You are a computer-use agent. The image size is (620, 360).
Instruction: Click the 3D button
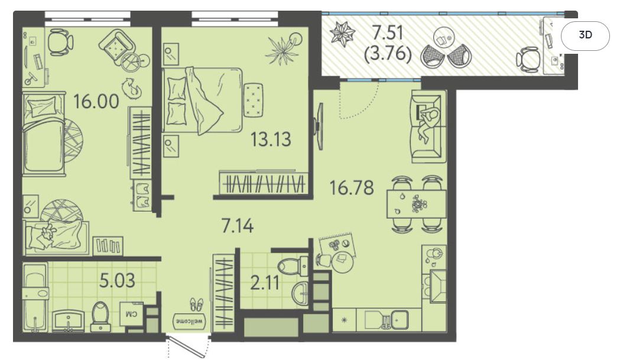click(585, 35)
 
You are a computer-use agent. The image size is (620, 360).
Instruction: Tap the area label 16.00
click(96, 102)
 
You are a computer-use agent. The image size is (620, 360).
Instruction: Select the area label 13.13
click(271, 140)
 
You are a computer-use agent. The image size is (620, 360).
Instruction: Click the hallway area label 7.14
click(237, 226)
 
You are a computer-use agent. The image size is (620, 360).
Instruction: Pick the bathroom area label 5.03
click(117, 280)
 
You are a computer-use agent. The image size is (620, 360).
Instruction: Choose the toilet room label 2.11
click(265, 283)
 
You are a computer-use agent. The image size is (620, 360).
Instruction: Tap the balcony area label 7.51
click(388, 33)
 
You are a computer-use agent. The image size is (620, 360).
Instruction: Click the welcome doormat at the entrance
click(190, 320)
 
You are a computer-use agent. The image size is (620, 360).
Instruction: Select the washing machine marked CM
click(132, 314)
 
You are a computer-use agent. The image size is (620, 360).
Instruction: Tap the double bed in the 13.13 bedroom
click(202, 100)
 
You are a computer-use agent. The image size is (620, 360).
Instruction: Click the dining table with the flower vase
click(416, 204)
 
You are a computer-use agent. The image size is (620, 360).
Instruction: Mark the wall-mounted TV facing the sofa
click(319, 126)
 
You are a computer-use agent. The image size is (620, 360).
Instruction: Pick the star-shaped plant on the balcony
click(342, 33)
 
